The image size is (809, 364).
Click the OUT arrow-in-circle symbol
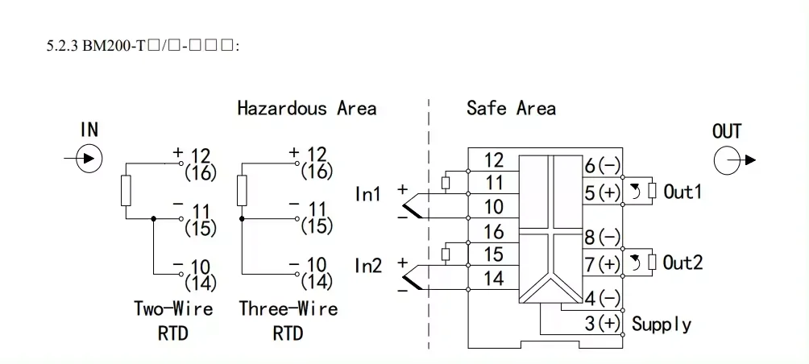727,159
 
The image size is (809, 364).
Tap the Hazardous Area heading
306,108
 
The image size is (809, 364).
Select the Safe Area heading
511,108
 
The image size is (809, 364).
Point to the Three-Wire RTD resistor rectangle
242,189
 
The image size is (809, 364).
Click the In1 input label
368,194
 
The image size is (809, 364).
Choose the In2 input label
368,265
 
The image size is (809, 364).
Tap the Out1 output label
682,192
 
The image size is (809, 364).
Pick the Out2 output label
682,263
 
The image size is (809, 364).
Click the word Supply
662,325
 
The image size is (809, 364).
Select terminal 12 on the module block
493,160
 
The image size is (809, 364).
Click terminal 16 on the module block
493,232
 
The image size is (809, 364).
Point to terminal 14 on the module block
493,279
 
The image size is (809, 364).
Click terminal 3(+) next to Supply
602,325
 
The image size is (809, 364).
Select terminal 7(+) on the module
602,263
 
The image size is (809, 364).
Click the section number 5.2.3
63,46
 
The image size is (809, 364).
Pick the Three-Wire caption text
288,308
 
